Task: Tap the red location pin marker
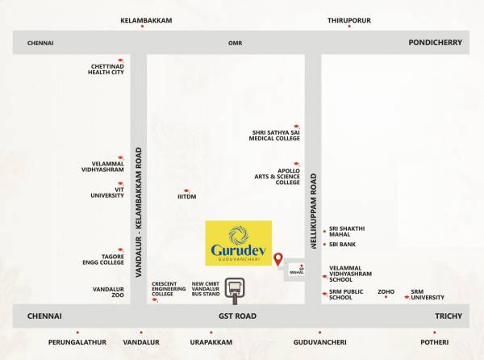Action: [278, 260]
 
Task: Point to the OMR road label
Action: [235, 42]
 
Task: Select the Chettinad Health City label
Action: [106, 69]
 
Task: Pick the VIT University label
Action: [107, 192]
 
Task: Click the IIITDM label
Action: [187, 196]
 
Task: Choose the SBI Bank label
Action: [341, 244]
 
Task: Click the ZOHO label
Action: [386, 291]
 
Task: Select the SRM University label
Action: [427, 295]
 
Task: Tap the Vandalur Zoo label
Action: [107, 291]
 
